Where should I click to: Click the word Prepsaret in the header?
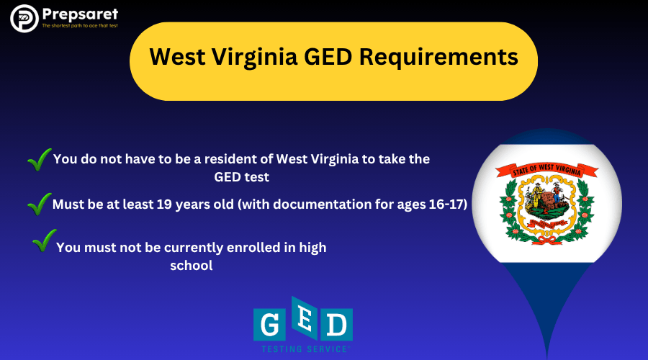click(x=79, y=14)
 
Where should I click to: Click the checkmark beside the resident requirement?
click(x=39, y=159)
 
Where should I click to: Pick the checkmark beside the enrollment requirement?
click(x=45, y=240)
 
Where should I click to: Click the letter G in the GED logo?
click(x=269, y=325)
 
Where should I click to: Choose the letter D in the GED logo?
click(x=335, y=325)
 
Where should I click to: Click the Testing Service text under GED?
click(x=302, y=349)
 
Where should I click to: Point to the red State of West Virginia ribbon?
click(x=546, y=171)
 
